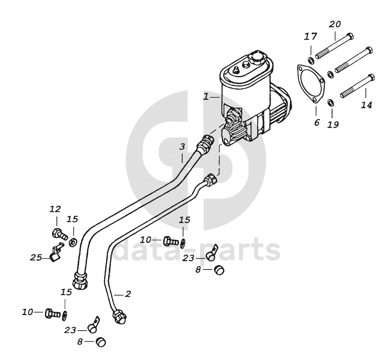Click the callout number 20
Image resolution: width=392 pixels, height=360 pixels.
(x=335, y=24)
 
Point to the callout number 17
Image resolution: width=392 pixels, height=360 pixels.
(x=311, y=36)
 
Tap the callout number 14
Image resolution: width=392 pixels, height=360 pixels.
(x=366, y=106)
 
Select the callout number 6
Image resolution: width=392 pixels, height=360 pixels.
(x=316, y=123)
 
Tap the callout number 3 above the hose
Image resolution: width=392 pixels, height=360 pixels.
(x=183, y=147)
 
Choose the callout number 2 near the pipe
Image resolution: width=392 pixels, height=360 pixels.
(x=127, y=294)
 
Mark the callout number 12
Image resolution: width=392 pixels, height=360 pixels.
(x=56, y=209)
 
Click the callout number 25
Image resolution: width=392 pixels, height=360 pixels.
(x=36, y=257)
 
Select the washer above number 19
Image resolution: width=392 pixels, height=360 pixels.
(x=330, y=102)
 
